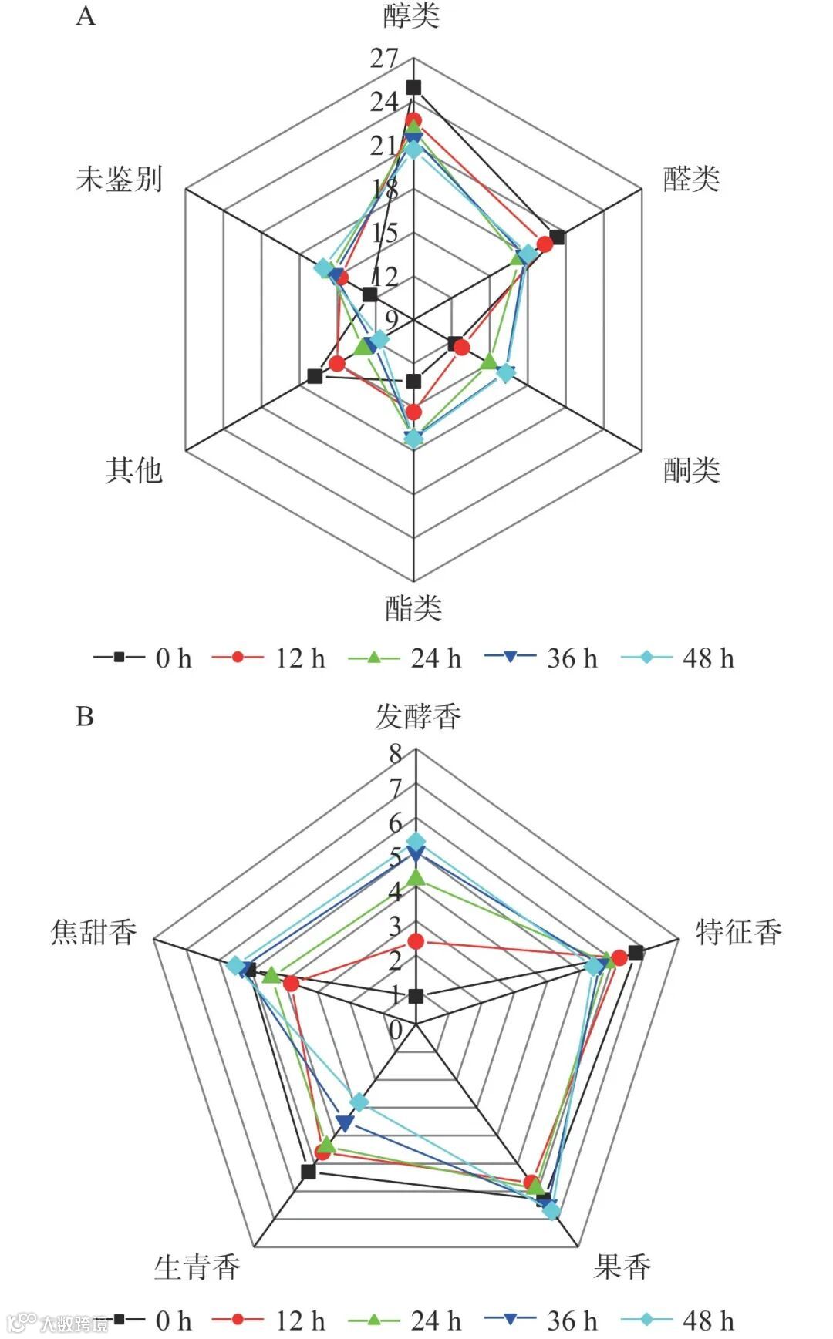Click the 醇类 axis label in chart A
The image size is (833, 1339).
click(411, 16)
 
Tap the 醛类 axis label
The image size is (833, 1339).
click(691, 179)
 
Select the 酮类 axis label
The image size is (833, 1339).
click(691, 469)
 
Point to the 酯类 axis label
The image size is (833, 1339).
click(413, 608)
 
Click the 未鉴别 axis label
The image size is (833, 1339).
click(120, 179)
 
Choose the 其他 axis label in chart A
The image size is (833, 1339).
click(133, 469)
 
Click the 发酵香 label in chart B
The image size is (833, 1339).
click(418, 716)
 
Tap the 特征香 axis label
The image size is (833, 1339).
click(738, 932)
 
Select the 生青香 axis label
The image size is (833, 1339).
click(197, 1267)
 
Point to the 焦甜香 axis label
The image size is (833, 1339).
click(93, 932)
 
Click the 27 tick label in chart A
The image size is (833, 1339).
click(383, 58)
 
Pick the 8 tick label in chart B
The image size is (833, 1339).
click(396, 754)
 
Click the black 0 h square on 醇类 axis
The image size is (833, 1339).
click(414, 86)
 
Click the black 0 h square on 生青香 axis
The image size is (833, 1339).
click(309, 1172)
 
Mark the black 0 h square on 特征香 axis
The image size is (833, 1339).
click(636, 952)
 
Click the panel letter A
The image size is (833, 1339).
click(86, 16)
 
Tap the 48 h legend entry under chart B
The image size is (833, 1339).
click(679, 1320)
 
